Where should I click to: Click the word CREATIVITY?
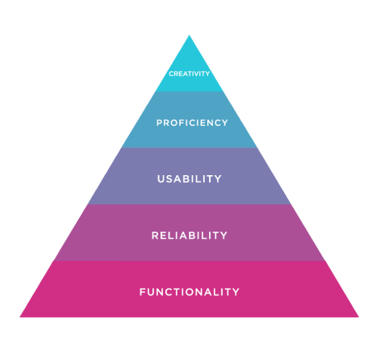coord(189,73)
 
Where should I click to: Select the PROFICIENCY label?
coord(192,123)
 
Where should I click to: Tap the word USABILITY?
coord(190,179)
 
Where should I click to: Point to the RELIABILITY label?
coord(190,236)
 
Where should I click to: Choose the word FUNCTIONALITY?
coord(190,292)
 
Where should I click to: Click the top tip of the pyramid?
coord(189,35)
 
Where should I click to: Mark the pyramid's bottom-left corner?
coord(20,317)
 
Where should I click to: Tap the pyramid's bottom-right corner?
coord(359,317)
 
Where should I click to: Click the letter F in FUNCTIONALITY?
coord(143,292)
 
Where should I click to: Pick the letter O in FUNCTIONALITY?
coord(190,292)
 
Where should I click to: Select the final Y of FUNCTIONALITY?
coord(236,292)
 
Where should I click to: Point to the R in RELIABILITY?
coord(155,236)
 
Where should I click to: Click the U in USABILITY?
coord(161,179)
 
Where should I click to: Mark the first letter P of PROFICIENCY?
coord(160,123)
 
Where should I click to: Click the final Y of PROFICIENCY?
coord(224,123)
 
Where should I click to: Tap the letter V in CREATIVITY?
coord(198,73)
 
